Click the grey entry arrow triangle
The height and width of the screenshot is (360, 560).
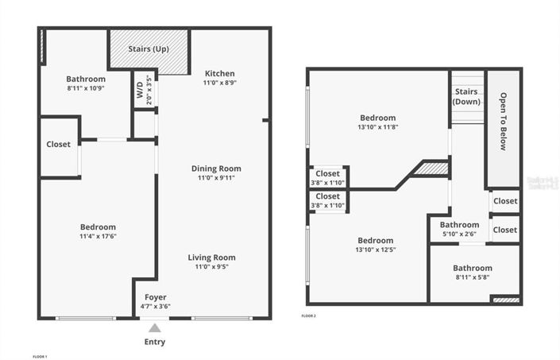(155, 327)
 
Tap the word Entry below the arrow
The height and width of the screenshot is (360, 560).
(155, 342)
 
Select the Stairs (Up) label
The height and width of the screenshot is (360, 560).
(149, 49)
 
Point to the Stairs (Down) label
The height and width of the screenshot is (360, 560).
(466, 96)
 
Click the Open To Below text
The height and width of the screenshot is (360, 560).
(503, 122)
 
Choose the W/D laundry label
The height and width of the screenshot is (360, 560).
(140, 90)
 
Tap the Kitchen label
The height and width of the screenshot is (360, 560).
(219, 73)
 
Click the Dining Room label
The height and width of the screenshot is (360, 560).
(216, 168)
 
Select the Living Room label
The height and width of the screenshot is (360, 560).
(211, 257)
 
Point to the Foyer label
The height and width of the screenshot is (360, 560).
(155, 297)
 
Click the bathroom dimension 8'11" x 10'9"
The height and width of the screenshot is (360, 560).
(86, 87)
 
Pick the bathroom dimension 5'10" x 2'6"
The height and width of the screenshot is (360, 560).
(459, 234)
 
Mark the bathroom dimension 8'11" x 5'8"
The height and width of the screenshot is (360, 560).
(473, 277)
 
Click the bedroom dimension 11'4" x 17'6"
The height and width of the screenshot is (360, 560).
(98, 236)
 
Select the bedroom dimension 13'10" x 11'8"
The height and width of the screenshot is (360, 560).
(377, 126)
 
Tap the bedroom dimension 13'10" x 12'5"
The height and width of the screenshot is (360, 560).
(375, 250)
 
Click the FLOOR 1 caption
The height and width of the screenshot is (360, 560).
(40, 356)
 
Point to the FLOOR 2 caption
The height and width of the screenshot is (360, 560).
(309, 315)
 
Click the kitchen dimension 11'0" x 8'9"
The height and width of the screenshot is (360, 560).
(219, 82)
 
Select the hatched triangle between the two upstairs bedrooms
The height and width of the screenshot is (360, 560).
(432, 168)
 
